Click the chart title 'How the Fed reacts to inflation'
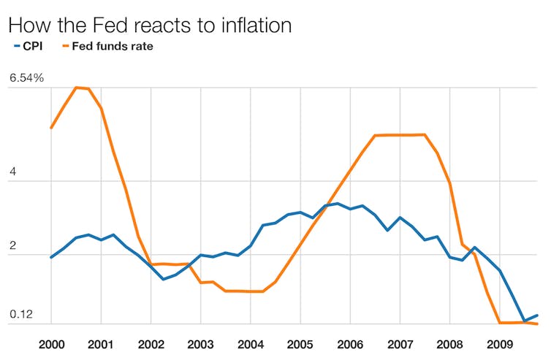pos(150,25)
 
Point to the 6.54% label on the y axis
pos(27,77)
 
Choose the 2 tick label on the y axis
pos(12,248)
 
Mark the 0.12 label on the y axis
pos(20,315)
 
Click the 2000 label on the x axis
pos(50,343)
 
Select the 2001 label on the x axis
pos(100,343)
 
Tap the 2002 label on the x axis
pos(151,343)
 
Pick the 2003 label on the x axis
pos(200,343)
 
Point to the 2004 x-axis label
pos(250,343)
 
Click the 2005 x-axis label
pos(300,343)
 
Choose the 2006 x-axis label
pos(349,343)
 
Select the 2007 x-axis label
pos(400,343)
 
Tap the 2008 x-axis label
pos(449,343)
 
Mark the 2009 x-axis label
pos(499,343)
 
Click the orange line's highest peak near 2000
pos(76,88)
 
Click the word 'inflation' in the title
pos(250,25)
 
